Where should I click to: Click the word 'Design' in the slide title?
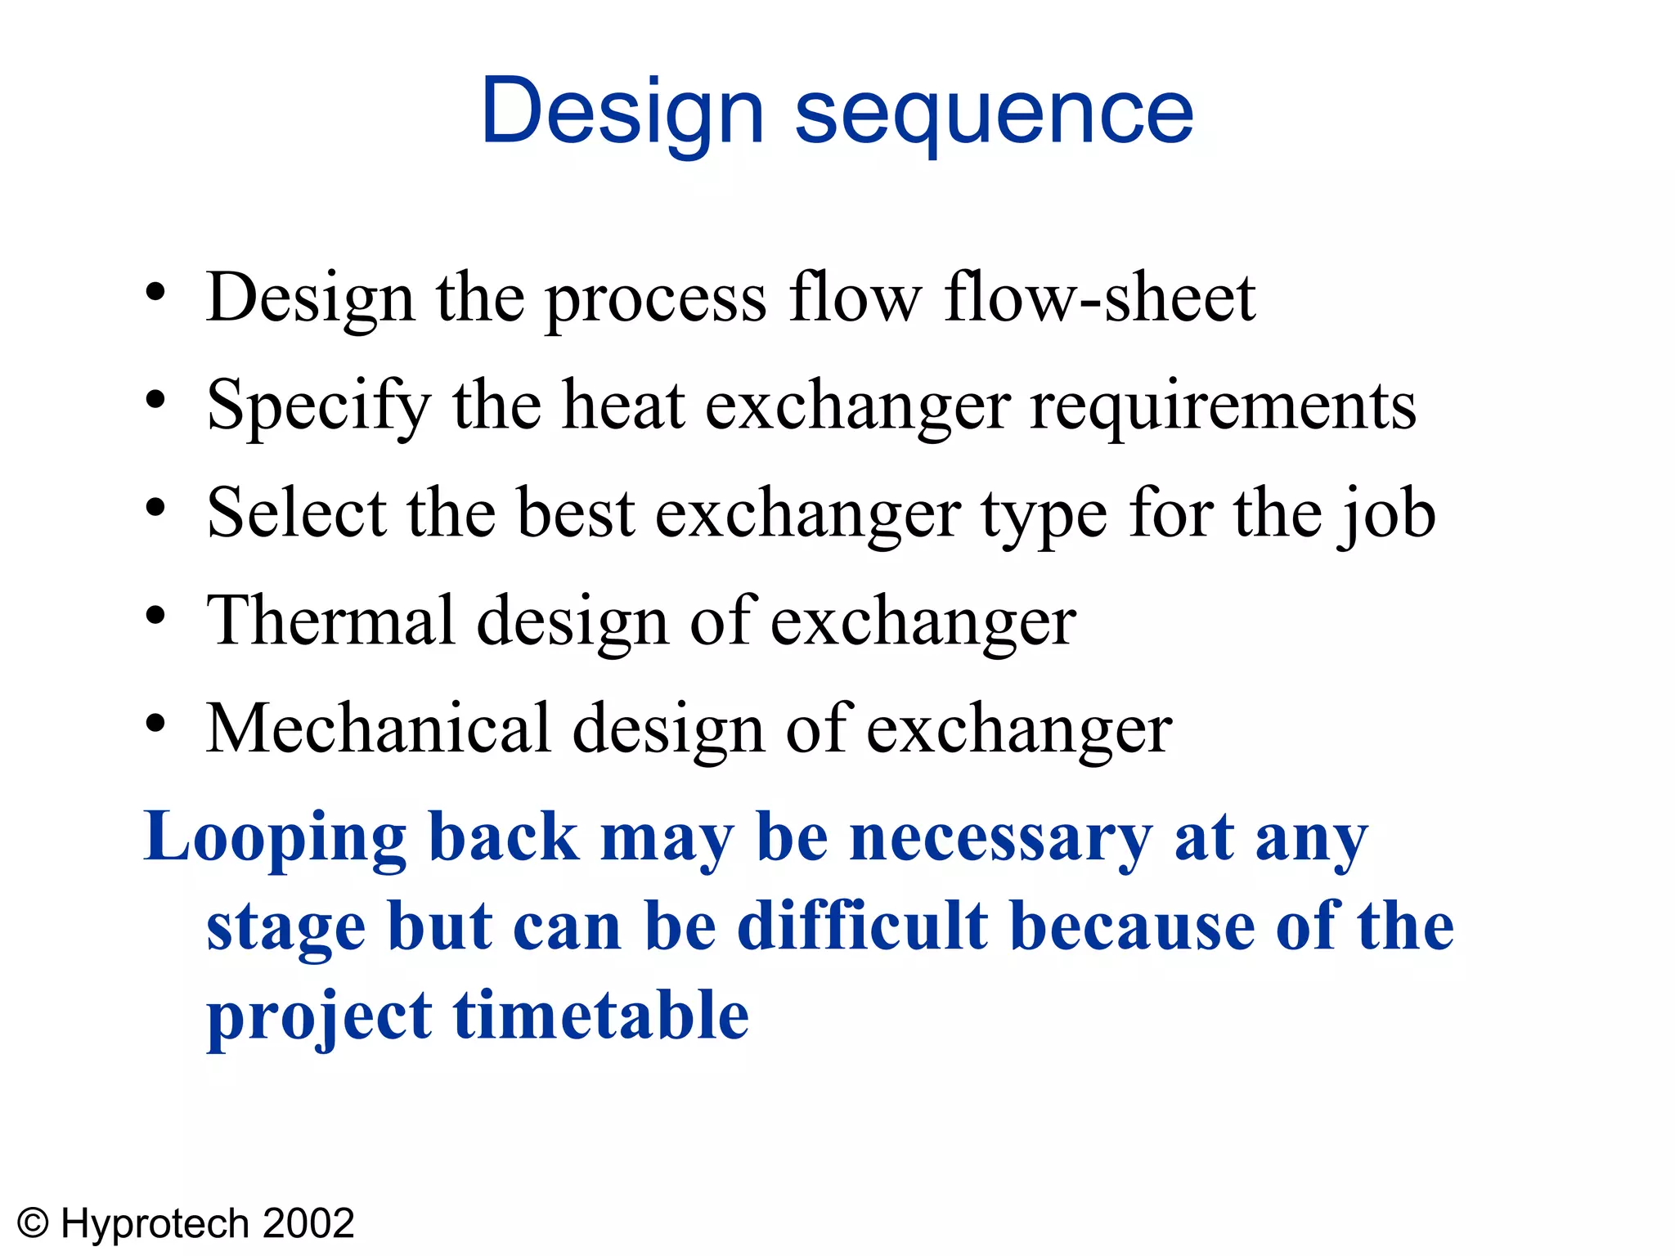[x=622, y=113]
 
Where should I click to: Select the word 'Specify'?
[x=318, y=406]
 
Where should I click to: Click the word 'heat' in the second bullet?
[x=623, y=406]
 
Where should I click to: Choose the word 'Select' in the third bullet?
[x=296, y=514]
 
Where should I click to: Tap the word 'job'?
[x=1387, y=515]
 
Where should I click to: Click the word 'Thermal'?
[x=330, y=621]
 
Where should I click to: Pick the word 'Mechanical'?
[x=378, y=729]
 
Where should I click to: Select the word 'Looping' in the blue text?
[x=275, y=839]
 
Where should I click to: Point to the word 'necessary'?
[x=1001, y=839]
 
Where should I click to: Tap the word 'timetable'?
[x=601, y=1016]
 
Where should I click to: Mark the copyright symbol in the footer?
[x=34, y=1224]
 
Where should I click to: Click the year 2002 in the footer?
[x=309, y=1224]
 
